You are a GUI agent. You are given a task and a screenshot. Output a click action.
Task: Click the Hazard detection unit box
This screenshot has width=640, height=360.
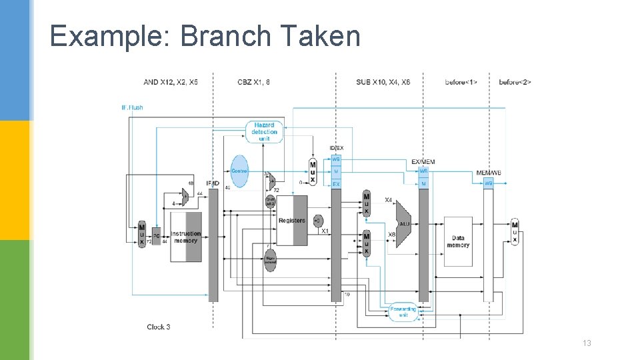pos(265,132)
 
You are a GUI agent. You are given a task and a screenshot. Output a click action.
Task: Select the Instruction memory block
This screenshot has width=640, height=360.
pos(186,237)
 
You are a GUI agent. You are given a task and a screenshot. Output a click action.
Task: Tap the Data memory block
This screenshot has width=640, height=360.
pos(458,241)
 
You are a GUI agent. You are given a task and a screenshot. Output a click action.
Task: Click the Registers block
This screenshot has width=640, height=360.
pos(292,220)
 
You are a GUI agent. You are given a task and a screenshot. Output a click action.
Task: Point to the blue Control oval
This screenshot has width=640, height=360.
pos(239,171)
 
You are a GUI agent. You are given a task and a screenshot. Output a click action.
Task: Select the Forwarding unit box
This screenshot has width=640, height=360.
pos(402,311)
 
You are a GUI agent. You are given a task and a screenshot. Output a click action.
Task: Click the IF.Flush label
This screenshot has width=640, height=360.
pos(132,107)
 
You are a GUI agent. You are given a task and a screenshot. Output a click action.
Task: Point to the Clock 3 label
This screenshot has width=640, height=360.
pos(159,327)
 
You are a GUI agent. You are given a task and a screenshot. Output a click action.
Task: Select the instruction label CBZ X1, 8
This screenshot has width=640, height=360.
pos(253,82)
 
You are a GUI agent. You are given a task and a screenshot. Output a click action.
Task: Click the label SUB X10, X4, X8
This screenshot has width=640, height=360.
pos(383,82)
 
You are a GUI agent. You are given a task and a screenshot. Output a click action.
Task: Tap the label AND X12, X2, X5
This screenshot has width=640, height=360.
pos(170,82)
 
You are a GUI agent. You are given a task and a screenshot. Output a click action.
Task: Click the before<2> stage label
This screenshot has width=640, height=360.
pos(515,82)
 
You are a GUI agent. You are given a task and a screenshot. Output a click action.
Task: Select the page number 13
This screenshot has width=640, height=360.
pos(587,343)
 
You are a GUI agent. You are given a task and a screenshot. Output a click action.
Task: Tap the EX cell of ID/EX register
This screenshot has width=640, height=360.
pos(336,183)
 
